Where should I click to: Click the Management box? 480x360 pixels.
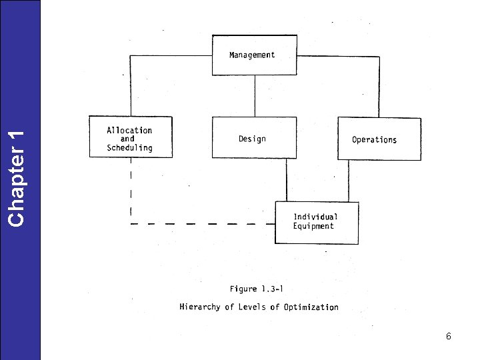click(253, 55)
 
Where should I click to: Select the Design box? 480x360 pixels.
click(253, 138)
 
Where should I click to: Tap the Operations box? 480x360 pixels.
click(379, 139)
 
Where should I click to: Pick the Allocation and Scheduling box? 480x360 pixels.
click(131, 138)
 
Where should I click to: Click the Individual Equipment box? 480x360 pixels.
click(316, 223)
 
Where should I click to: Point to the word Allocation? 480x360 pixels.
click(129, 130)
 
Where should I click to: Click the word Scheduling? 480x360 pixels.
click(129, 148)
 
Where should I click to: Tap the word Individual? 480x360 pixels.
click(316, 217)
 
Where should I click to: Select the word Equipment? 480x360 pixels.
click(313, 226)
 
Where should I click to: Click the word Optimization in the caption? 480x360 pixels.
click(311, 307)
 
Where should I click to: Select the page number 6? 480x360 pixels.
click(449, 337)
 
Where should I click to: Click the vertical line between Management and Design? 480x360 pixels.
click(254, 97)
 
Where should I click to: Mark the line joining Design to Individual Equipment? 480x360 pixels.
click(287, 180)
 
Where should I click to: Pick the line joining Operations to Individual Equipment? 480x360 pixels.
click(347, 181)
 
